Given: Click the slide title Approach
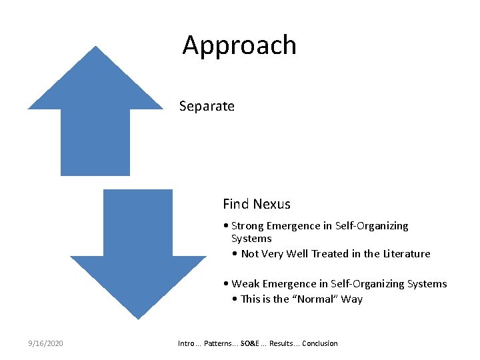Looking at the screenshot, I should (239, 46).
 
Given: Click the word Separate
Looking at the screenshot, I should (207, 106).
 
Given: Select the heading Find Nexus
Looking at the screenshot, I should (257, 204).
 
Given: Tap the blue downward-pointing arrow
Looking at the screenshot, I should (138, 253).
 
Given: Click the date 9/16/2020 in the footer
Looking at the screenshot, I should (45, 343).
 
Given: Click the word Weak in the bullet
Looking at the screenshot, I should (246, 284).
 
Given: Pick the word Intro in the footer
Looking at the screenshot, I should (186, 343).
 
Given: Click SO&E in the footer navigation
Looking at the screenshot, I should (251, 343).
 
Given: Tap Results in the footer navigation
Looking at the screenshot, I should (281, 343).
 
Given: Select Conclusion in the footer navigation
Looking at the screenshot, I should (320, 343).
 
